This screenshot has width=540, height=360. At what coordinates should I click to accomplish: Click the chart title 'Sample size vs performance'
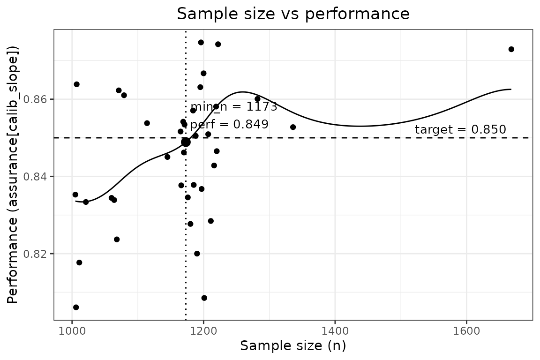(x=293, y=14)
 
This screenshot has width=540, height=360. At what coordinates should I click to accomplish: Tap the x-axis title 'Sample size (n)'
(x=293, y=346)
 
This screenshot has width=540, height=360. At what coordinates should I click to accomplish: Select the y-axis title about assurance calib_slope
(x=14, y=174)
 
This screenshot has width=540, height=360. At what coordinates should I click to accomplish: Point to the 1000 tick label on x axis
(x=72, y=330)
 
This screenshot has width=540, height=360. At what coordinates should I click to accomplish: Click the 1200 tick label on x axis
(x=203, y=330)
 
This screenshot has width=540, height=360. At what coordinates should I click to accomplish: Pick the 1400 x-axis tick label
(x=335, y=330)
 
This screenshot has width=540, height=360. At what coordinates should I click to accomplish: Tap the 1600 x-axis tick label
(x=466, y=330)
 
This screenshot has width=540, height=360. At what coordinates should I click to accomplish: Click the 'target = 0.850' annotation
(x=460, y=130)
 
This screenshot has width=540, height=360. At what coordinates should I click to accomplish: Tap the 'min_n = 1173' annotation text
(x=234, y=107)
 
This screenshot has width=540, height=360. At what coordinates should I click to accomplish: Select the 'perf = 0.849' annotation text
(x=229, y=125)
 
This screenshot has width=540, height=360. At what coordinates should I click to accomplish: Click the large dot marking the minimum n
(x=186, y=142)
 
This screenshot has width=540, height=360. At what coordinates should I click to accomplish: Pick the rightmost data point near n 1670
(x=511, y=49)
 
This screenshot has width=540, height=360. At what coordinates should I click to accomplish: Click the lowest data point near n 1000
(x=76, y=307)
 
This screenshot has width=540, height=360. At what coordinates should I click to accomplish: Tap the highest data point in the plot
(x=201, y=42)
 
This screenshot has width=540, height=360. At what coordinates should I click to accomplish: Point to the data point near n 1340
(x=293, y=127)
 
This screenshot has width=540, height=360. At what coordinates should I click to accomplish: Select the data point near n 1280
(x=257, y=99)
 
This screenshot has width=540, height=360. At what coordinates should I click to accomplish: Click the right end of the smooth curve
(x=510, y=89)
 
